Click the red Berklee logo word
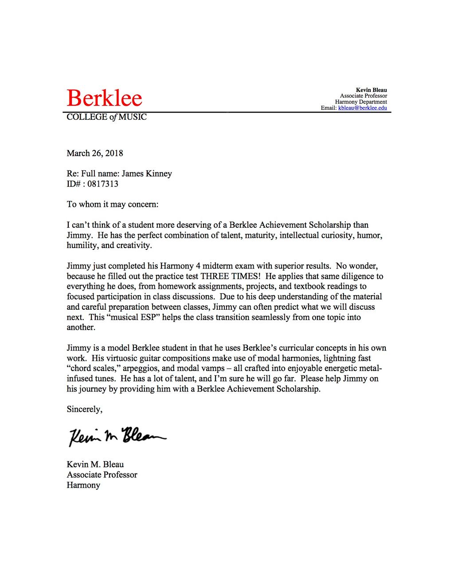coord(104,98)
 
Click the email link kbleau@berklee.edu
coord(362,108)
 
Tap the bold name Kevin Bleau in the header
coord(371,90)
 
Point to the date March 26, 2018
coord(95,153)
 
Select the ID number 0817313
coord(103,184)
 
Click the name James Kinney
coord(147,174)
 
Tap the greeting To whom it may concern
coord(112,204)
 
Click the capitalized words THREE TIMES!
coord(230,276)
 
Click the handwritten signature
coord(117,437)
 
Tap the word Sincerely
coord(84,409)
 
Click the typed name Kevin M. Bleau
coord(95,464)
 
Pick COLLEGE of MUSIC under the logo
coord(106,117)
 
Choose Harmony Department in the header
coord(361,102)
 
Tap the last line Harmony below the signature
coord(83,485)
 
